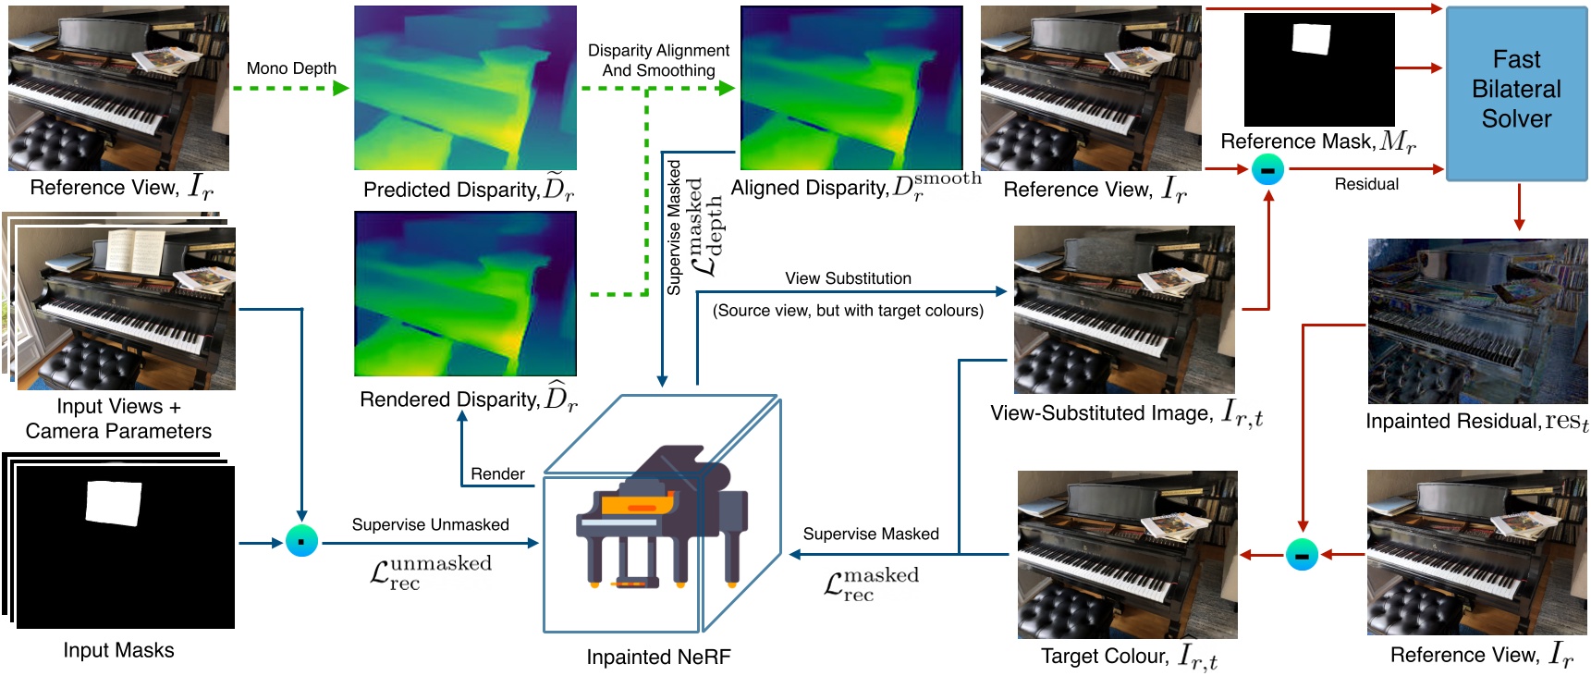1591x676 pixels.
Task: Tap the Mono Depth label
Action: [291, 68]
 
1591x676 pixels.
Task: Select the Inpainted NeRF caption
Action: [658, 658]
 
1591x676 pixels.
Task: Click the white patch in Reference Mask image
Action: [1311, 40]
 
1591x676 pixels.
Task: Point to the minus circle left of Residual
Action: [1267, 169]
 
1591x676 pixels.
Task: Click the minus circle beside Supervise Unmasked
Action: [301, 541]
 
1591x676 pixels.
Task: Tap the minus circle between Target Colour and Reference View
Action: [1302, 555]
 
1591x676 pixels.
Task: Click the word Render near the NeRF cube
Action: [497, 474]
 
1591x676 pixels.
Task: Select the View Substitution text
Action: [848, 278]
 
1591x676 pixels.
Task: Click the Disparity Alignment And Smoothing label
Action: [658, 60]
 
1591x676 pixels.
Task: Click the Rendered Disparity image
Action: [465, 293]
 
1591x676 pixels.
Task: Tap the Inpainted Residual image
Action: [1476, 321]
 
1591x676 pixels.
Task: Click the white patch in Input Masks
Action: [113, 504]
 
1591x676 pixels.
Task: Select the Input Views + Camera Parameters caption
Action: [118, 419]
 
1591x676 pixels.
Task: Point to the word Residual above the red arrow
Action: [1365, 184]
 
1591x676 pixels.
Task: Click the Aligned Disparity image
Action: [851, 88]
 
